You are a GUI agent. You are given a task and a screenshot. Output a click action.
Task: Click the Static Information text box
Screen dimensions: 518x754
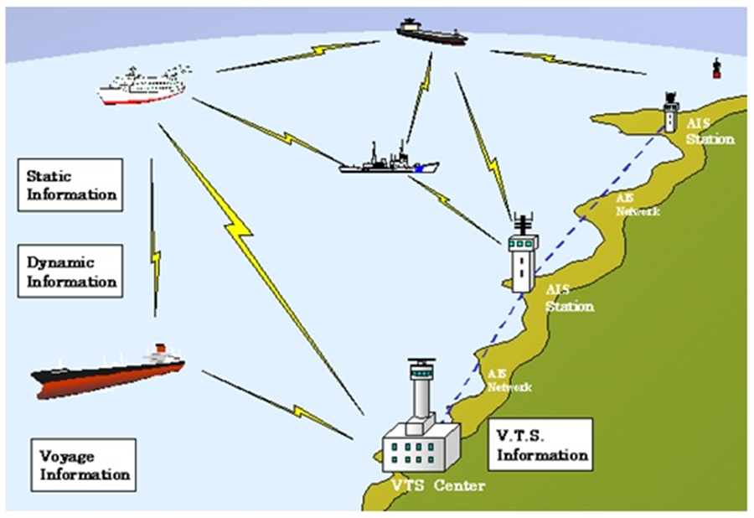click(x=70, y=185)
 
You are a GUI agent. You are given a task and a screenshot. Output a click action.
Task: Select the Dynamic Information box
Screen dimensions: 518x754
click(x=70, y=271)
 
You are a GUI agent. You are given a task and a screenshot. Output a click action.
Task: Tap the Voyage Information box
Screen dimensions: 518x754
click(x=85, y=465)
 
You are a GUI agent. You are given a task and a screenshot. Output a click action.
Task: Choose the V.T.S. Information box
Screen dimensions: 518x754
click(x=541, y=445)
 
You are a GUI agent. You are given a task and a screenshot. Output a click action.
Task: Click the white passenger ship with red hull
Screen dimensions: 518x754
click(x=142, y=88)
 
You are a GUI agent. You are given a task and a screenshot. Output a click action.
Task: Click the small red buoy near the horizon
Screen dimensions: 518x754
click(x=716, y=70)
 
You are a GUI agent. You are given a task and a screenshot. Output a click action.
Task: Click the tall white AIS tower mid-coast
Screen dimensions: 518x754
click(x=523, y=260)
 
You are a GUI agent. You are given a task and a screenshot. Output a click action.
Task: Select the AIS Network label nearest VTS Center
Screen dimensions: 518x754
click(x=509, y=381)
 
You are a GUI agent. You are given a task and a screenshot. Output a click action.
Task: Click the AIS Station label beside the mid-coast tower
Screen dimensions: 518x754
click(x=570, y=298)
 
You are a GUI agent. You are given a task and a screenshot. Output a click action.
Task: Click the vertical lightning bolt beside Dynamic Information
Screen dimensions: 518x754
click(x=154, y=239)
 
